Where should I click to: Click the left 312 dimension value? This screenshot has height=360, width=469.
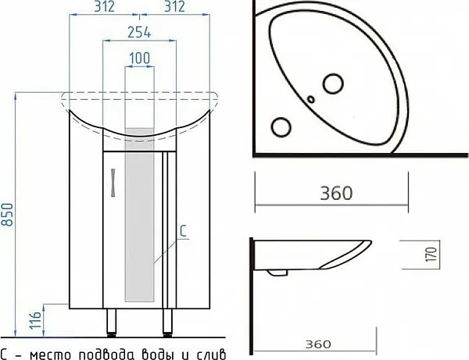105,6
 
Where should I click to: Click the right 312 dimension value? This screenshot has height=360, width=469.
174,6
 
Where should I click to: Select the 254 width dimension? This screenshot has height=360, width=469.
139,32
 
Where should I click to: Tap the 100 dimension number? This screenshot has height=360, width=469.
140,58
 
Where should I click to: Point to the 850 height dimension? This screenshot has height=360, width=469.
8,215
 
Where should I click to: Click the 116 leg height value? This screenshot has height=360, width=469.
36,320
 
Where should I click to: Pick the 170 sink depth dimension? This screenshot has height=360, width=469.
431,255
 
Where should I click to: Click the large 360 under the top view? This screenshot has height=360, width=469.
336,193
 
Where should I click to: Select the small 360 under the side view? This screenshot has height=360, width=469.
318,344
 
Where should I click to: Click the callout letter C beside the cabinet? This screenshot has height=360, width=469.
184,231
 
